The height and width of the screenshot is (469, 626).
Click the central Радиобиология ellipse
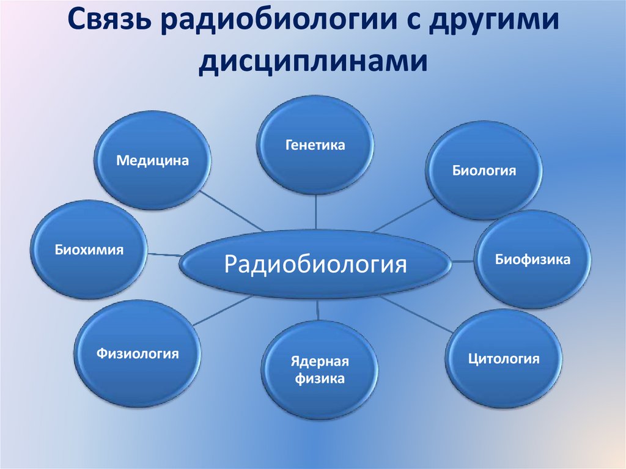tap(315, 265)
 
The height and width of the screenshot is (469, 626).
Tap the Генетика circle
tap(315, 146)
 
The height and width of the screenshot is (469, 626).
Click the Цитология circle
tap(503, 359)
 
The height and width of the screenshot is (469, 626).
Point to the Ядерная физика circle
tap(320, 369)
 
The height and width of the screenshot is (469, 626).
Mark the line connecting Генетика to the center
tap(316, 212)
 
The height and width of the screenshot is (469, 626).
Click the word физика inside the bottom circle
tap(320, 379)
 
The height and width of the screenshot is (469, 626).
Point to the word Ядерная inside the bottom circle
tap(320, 360)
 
